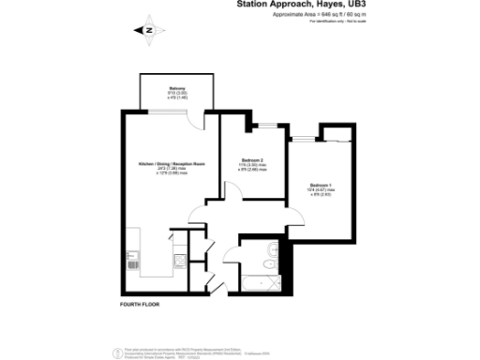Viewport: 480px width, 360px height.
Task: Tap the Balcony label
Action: click(x=165, y=91)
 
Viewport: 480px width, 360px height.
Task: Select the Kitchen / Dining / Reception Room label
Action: click(x=172, y=164)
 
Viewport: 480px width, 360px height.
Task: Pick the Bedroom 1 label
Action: click(x=321, y=187)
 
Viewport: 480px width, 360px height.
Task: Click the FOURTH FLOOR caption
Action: click(x=140, y=307)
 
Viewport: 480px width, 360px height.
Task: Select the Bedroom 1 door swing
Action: click(x=293, y=213)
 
